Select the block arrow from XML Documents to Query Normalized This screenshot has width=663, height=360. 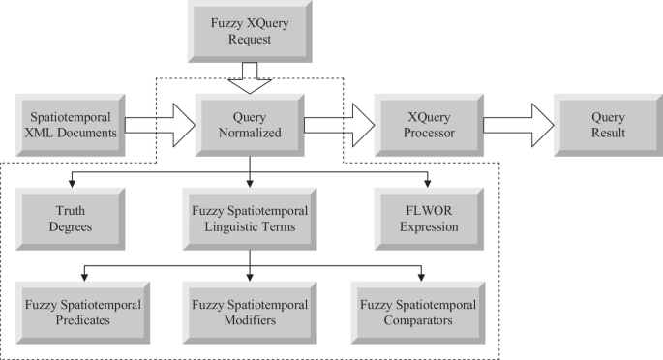(x=157, y=123)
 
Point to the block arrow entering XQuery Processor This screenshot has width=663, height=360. (x=339, y=123)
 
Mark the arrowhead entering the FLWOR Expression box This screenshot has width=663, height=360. (x=428, y=182)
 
